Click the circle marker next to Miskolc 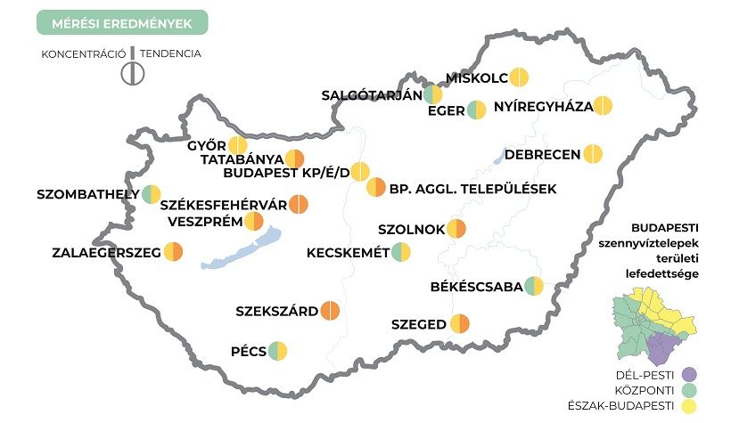[x=520, y=77]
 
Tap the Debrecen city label [x=542, y=154]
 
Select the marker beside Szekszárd [x=331, y=311]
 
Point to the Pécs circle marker [x=279, y=351]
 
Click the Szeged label [x=418, y=324]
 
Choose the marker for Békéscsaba [x=534, y=286]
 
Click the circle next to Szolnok [x=457, y=229]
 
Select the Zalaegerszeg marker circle [x=173, y=252]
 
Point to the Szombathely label [x=87, y=193]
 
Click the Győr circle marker [x=237, y=145]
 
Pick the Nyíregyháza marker [x=604, y=106]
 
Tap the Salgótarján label [x=371, y=94]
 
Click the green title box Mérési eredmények [x=122, y=21]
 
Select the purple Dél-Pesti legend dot [x=689, y=373]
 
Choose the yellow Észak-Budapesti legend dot [x=689, y=407]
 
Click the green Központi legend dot [x=689, y=390]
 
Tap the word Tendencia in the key [x=170, y=53]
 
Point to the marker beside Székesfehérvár [x=298, y=205]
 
